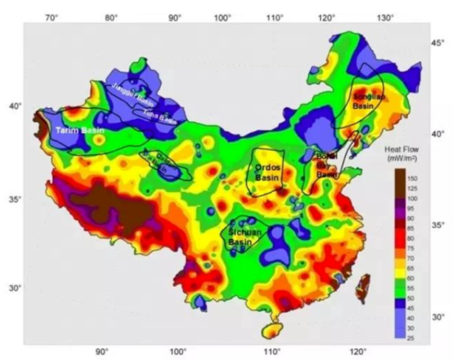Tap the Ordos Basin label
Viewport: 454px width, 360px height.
tap(267, 171)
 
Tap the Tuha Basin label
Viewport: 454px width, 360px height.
tap(159, 115)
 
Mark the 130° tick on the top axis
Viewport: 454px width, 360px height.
tap(386, 16)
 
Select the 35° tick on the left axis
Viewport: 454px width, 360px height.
tap(14, 200)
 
